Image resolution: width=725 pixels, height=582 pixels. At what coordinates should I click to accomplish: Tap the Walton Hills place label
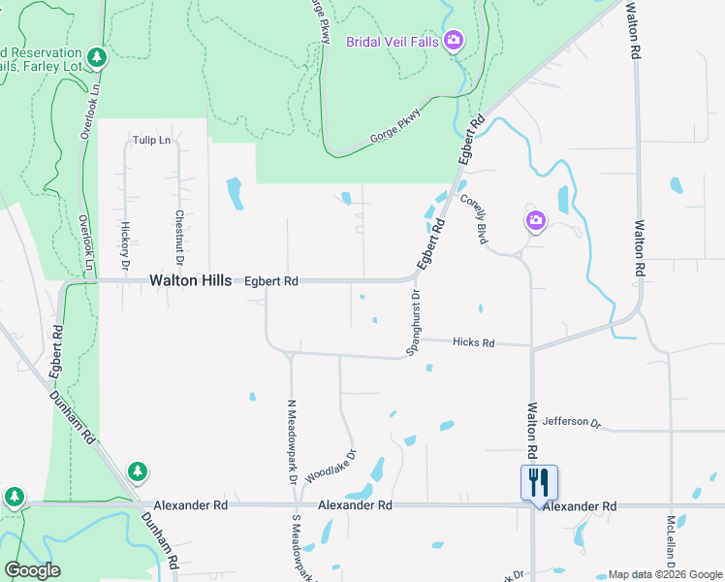click(190, 280)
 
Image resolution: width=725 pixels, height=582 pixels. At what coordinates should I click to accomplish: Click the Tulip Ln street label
click(152, 140)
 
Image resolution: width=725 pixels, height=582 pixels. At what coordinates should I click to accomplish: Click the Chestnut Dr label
click(179, 239)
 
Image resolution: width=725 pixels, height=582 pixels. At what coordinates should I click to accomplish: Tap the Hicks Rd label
click(475, 343)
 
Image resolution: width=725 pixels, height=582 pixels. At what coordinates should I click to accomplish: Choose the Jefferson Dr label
click(572, 422)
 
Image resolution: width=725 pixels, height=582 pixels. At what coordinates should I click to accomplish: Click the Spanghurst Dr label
click(413, 323)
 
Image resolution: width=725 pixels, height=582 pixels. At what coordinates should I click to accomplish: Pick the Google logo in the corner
click(32, 570)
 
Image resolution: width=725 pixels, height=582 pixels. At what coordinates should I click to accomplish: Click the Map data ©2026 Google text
click(664, 574)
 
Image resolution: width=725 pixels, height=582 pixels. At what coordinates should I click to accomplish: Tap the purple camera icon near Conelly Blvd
click(536, 222)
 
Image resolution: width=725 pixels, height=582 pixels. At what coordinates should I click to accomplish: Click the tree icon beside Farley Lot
click(96, 58)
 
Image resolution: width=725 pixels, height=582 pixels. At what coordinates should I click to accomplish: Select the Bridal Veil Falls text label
click(393, 41)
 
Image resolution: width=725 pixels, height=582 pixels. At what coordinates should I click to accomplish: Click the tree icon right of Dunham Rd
click(138, 471)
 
